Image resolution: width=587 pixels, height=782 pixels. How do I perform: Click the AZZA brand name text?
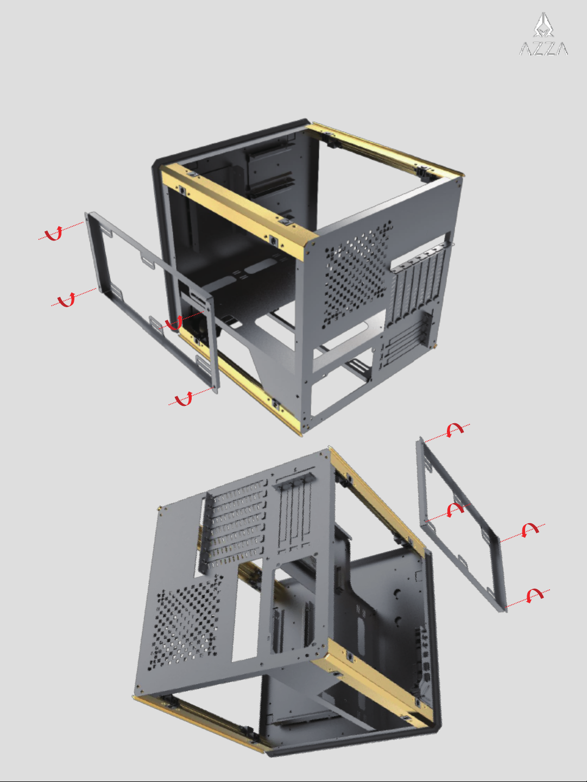(x=543, y=48)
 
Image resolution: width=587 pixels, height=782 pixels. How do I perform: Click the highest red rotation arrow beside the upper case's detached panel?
(x=54, y=233)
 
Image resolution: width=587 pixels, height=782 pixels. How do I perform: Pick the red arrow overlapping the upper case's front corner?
(x=174, y=322)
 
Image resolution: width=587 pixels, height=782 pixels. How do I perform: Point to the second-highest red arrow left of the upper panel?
(x=67, y=300)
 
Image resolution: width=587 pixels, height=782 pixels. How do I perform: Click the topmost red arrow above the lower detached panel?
(x=455, y=430)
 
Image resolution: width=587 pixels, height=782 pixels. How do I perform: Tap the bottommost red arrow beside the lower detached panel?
(x=535, y=595)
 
